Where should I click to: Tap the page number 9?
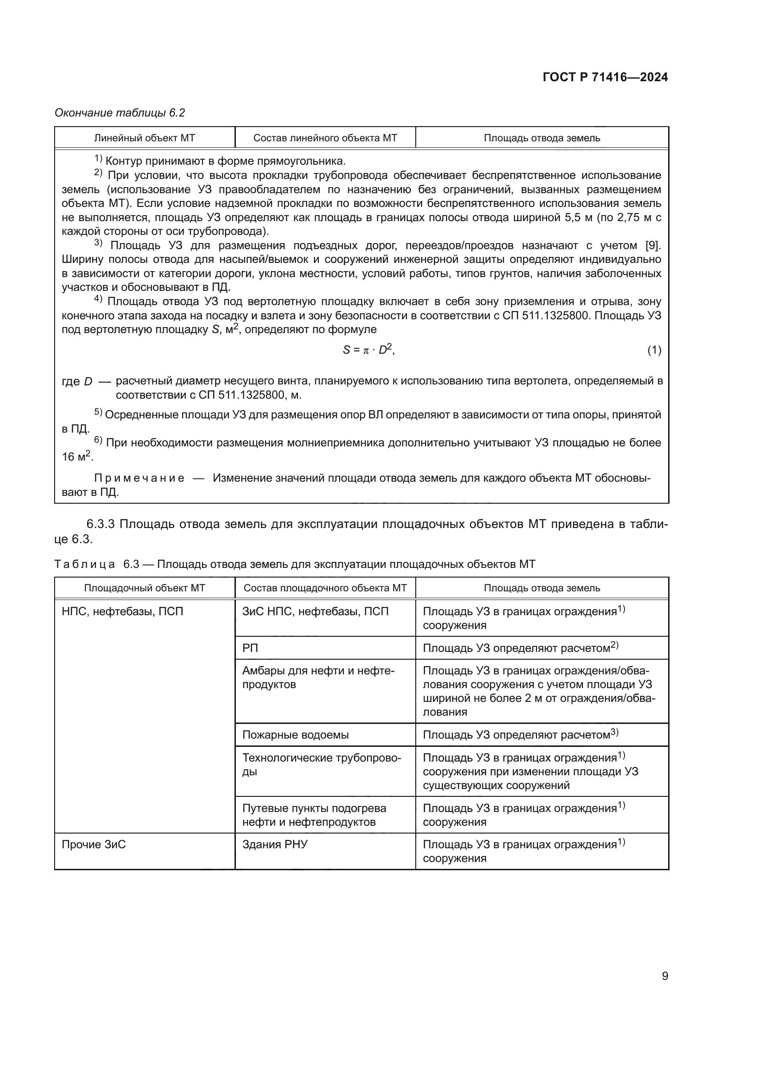point(664,976)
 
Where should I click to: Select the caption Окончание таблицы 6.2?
point(120,113)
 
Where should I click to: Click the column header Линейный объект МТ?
point(145,138)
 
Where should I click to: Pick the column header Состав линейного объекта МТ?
point(325,138)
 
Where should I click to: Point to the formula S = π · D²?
point(368,350)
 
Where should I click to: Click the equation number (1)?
point(654,350)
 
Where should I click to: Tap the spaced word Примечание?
point(140,478)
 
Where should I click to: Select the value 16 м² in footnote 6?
point(77,456)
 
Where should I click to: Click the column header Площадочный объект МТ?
point(145,588)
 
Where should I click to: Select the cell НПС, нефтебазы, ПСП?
point(123,611)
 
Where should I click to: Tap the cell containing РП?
point(251,648)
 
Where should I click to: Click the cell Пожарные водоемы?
point(296,734)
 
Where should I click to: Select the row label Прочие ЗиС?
point(94,845)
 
